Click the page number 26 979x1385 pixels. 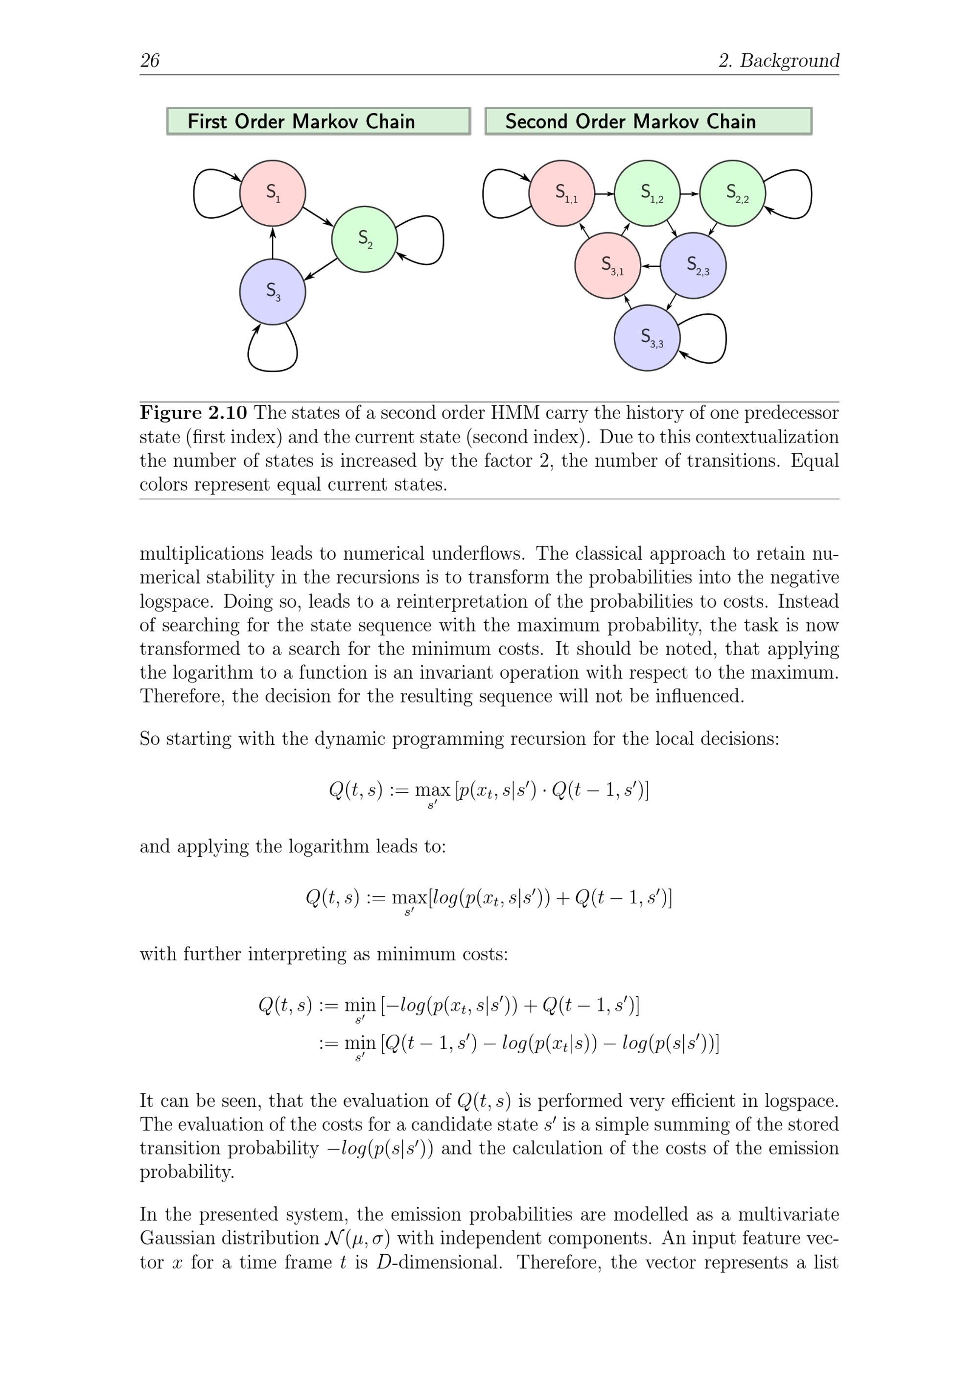(x=150, y=60)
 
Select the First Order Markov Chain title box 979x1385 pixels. (x=319, y=121)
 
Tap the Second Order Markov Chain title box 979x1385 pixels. (x=649, y=121)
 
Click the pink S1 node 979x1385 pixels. (x=273, y=193)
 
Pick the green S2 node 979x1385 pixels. (x=364, y=239)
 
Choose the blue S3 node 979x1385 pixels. (x=273, y=292)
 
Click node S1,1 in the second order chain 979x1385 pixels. (x=561, y=193)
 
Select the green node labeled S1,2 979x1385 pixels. (x=647, y=193)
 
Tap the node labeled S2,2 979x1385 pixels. (x=732, y=193)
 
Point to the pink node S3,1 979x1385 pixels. (x=607, y=265)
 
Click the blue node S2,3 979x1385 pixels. (x=693, y=265)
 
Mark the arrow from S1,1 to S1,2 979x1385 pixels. (x=605, y=194)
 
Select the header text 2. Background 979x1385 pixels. (x=779, y=60)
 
